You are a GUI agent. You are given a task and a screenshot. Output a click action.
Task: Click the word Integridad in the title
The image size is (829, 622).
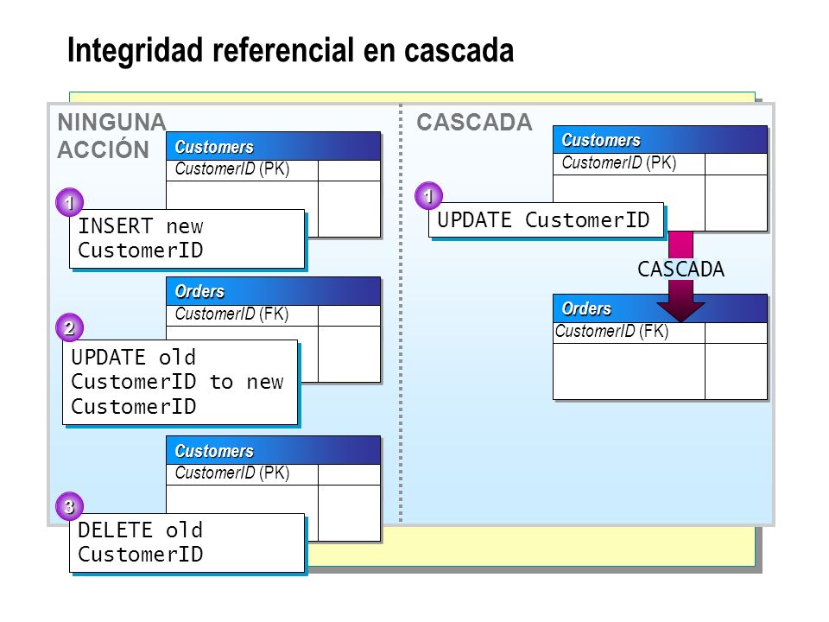(136, 51)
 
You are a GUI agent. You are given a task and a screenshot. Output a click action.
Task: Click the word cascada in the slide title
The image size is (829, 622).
(459, 51)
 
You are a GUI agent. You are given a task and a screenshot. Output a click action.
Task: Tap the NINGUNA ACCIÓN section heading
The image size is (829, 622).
(111, 136)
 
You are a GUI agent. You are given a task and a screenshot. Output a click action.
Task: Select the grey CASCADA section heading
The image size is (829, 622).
(474, 122)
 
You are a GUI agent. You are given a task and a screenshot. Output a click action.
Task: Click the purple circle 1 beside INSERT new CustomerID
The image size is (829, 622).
(69, 202)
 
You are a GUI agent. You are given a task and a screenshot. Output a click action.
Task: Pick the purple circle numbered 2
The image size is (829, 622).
(69, 328)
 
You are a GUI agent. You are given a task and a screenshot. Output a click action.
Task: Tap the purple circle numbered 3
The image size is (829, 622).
(69, 506)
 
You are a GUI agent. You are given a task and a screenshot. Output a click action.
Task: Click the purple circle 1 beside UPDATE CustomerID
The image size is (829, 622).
(428, 196)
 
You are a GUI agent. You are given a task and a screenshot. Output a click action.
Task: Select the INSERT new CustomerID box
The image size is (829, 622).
(187, 239)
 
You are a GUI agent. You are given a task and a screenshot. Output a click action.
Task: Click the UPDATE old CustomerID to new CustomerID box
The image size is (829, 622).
(180, 383)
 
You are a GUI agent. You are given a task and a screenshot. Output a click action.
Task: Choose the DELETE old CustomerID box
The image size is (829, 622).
(187, 543)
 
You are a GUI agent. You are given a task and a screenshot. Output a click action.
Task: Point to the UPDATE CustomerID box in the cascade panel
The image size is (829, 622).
(546, 220)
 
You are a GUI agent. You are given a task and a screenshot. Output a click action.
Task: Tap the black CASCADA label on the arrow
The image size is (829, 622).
(681, 270)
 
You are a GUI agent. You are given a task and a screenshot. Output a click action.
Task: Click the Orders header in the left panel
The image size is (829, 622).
(274, 291)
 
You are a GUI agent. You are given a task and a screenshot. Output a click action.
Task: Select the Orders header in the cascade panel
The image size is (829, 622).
(660, 309)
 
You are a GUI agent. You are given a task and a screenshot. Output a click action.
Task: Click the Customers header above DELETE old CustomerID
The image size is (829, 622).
(274, 451)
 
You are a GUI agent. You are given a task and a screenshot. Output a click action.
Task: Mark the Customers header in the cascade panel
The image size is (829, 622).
(660, 140)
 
